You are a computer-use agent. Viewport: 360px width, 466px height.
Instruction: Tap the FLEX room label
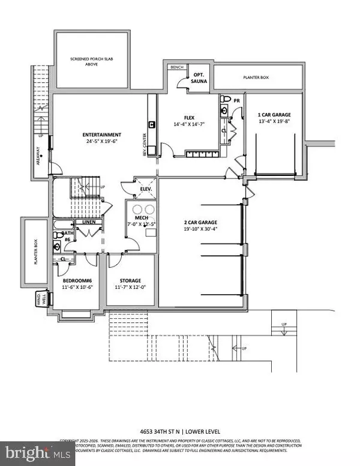pyautogui.click(x=190, y=118)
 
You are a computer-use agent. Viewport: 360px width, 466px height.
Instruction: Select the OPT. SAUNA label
pyautogui.click(x=197, y=79)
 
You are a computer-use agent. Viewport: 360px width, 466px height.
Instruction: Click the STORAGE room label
pyautogui.click(x=130, y=280)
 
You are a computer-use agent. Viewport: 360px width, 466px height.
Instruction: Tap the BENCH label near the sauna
pyautogui.click(x=176, y=67)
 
